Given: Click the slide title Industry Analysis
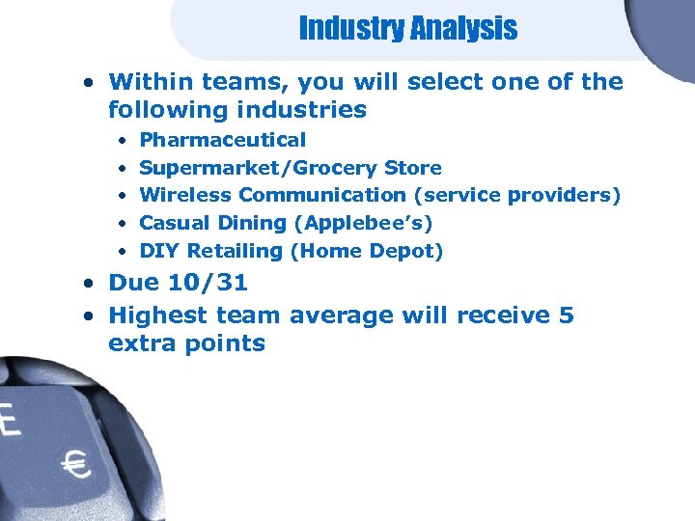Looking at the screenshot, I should (x=407, y=29).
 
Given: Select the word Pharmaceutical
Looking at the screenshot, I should (x=223, y=140).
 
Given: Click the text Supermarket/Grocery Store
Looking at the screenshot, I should (x=291, y=168).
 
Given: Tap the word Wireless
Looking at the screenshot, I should (x=185, y=196).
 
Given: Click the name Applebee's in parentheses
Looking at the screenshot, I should (x=368, y=224).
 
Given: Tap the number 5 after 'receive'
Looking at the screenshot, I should (x=566, y=315).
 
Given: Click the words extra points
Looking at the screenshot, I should (x=186, y=343).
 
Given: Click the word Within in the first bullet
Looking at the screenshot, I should (x=150, y=82).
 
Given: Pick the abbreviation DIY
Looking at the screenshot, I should (x=160, y=252).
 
